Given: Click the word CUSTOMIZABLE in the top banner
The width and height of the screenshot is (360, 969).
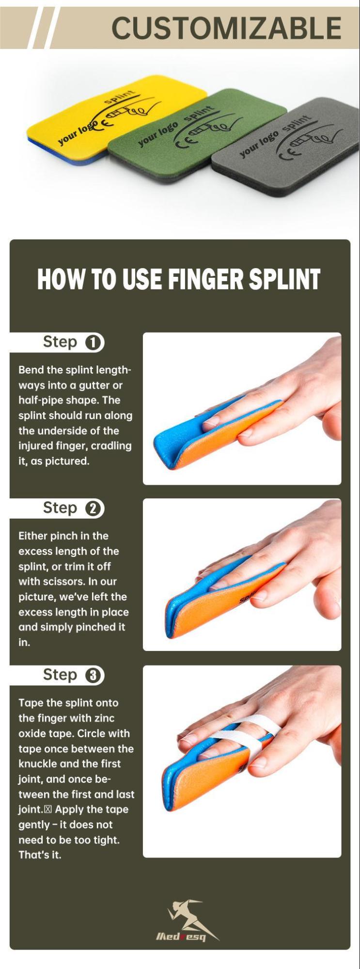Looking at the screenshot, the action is coord(226,28).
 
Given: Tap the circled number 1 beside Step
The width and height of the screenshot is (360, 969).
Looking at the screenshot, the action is coord(94,343).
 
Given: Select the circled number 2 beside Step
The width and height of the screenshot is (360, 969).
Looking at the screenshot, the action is coord(94,509).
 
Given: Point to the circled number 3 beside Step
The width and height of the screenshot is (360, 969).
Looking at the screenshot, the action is coord(94,676).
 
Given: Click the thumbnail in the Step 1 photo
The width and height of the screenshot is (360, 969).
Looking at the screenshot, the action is coord(335,416).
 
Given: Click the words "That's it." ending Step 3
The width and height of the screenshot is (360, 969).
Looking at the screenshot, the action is coord(40,855).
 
